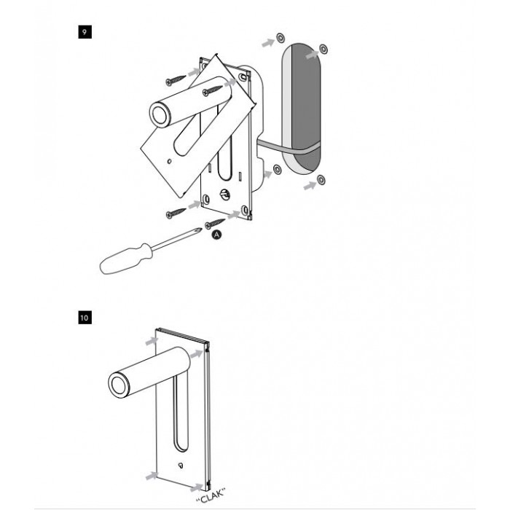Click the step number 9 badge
85,32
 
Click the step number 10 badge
85,317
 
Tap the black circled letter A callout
217,235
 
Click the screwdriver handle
126,259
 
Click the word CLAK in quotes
211,495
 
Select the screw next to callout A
215,224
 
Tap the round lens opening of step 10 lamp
118,385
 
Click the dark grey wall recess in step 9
305,107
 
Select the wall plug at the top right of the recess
323,49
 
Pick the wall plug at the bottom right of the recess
321,179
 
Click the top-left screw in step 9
176,80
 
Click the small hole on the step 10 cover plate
181,466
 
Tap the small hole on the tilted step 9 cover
169,161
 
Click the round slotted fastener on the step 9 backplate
224,195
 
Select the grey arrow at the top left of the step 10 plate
152,341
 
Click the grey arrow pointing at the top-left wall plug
269,42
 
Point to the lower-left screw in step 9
176,213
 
